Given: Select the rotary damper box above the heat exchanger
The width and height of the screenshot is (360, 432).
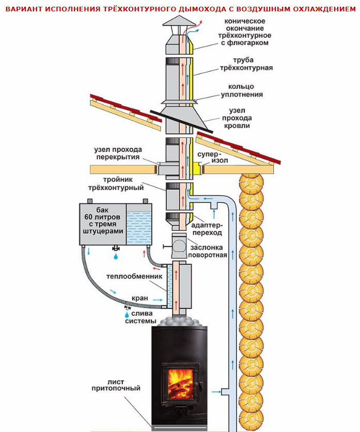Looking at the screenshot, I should pos(179,246).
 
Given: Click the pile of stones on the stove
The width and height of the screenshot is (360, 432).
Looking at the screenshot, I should pos(179,320).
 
